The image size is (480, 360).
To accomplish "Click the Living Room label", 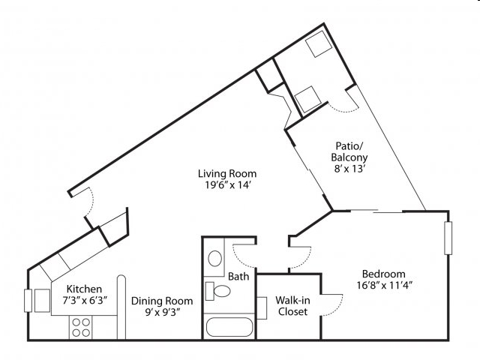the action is [x=227, y=173].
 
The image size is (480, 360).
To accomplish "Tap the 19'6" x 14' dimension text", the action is [x=228, y=185].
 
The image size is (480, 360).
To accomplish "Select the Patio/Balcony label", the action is [x=349, y=151].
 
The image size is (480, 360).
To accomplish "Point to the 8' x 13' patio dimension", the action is [x=350, y=169].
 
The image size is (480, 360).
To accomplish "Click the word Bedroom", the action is [x=383, y=274].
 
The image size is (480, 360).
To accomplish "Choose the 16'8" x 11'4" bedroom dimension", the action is [x=385, y=285].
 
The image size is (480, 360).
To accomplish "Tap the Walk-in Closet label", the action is [x=292, y=306].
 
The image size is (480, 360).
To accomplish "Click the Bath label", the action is [x=238, y=277].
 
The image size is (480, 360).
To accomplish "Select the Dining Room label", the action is [x=162, y=301].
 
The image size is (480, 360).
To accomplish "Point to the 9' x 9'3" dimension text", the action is [x=162, y=313].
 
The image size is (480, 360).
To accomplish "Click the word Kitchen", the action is [x=84, y=289].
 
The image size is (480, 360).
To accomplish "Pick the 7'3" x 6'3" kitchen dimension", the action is [x=85, y=300].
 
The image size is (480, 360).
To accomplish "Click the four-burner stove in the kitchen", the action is [x=81, y=328].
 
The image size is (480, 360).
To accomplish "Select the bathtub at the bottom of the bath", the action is [x=229, y=327].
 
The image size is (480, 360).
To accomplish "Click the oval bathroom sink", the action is [x=215, y=258].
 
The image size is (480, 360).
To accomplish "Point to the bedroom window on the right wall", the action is [x=448, y=238].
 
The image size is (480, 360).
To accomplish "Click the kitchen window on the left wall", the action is [x=28, y=300].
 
